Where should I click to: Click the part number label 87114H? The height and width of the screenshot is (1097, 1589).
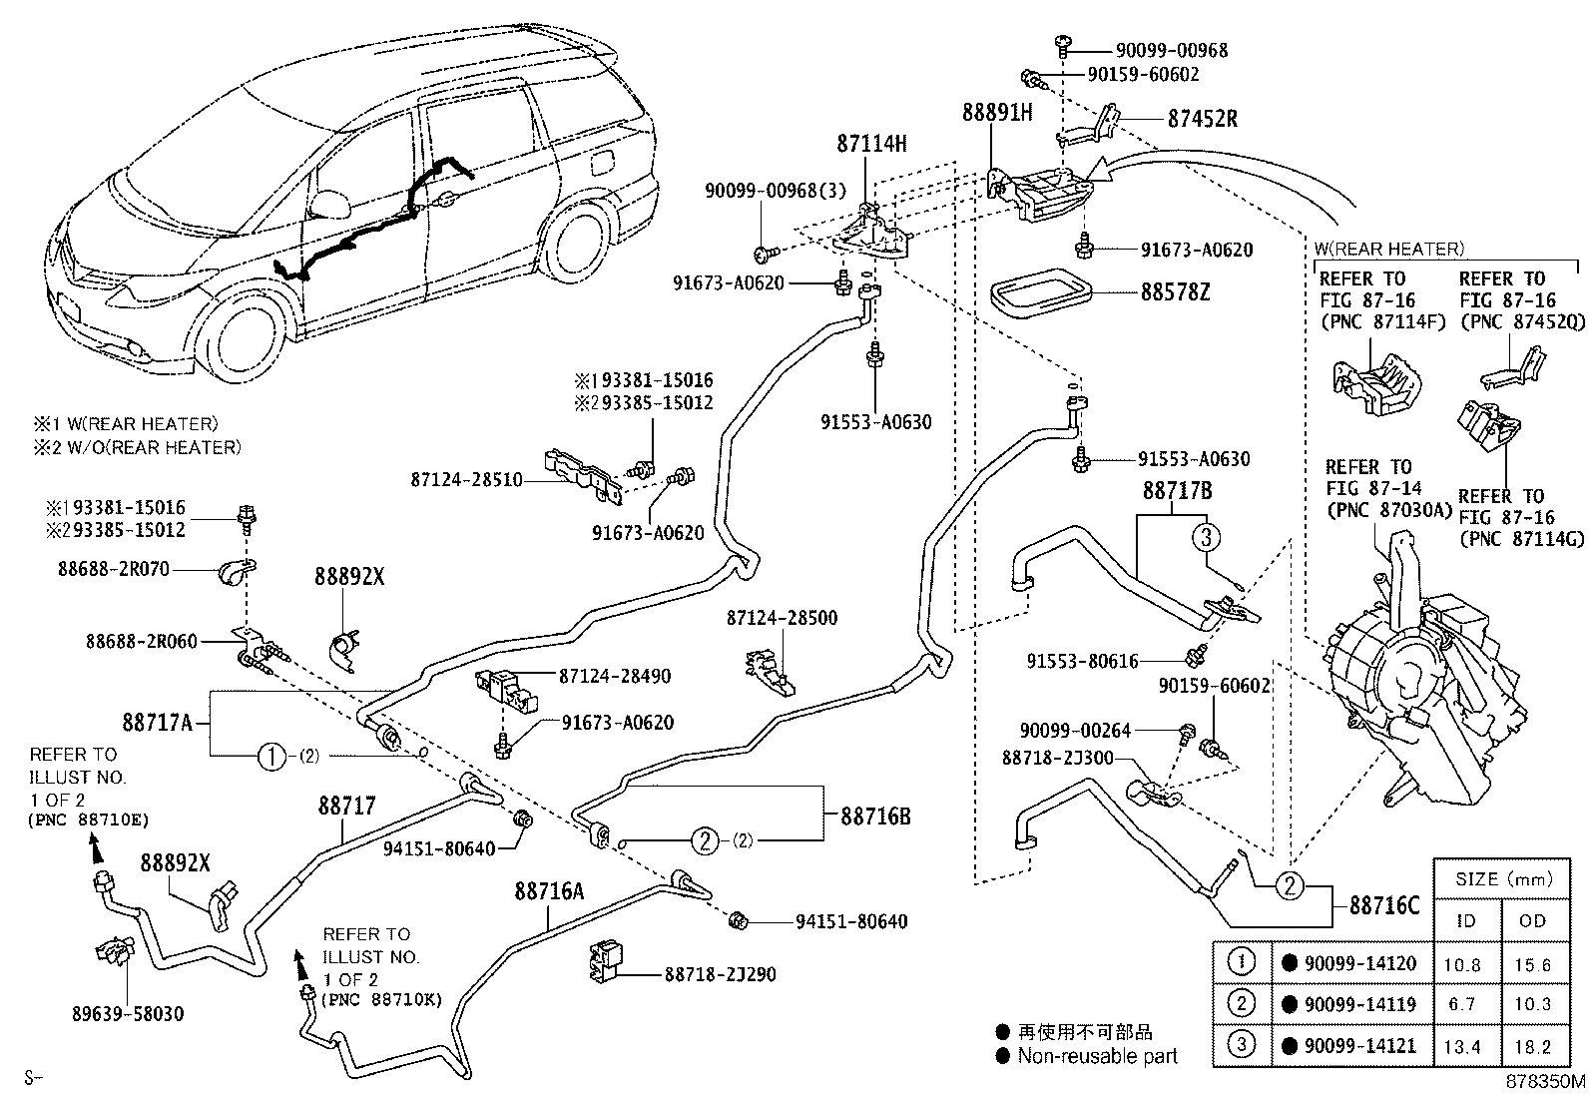871,144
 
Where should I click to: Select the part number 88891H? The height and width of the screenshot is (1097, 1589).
996,112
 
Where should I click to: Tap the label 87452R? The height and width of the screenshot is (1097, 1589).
1202,119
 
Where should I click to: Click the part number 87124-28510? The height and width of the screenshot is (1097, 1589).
466,480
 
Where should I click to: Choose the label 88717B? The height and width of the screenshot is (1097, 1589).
1177,491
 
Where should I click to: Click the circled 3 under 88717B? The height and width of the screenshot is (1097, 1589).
1206,538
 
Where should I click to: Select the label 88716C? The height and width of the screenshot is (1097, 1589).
1383,905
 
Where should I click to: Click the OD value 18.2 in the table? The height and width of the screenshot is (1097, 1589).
1532,1046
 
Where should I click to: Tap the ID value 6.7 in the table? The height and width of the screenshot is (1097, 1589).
1462,1004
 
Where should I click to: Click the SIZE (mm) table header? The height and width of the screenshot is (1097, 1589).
1498,879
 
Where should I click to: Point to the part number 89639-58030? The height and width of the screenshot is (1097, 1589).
127,1014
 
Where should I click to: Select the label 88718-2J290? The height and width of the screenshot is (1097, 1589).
721,974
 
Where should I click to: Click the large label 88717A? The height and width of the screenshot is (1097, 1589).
158,721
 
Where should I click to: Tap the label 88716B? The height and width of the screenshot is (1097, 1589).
875,816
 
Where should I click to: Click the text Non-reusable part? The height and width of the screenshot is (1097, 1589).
1097,1056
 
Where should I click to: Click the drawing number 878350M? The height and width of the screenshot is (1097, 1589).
1545,1081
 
